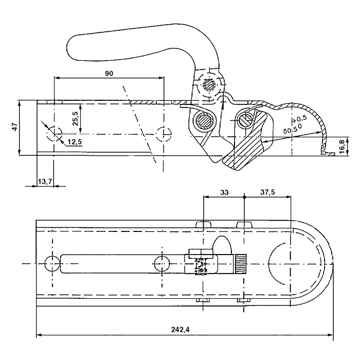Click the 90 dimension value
point(109,74)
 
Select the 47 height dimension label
point(15,127)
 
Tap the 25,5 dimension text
point(76,118)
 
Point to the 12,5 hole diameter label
point(75,142)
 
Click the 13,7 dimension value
point(45,182)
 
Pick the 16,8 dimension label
point(342,147)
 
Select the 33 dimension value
point(224,192)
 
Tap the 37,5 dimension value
point(267,192)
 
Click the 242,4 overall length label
point(181,330)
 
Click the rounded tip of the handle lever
point(69,48)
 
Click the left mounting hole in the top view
point(52,263)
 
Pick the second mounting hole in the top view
point(162,264)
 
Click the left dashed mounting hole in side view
point(54,134)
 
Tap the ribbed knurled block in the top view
point(240,264)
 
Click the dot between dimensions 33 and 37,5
point(244,197)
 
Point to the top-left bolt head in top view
point(204,224)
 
